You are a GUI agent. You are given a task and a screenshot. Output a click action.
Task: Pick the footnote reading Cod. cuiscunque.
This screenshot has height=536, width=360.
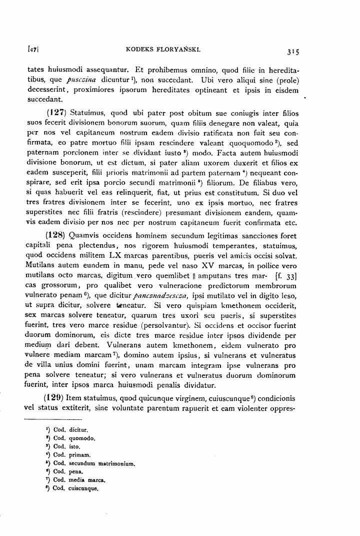[75, 488]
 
